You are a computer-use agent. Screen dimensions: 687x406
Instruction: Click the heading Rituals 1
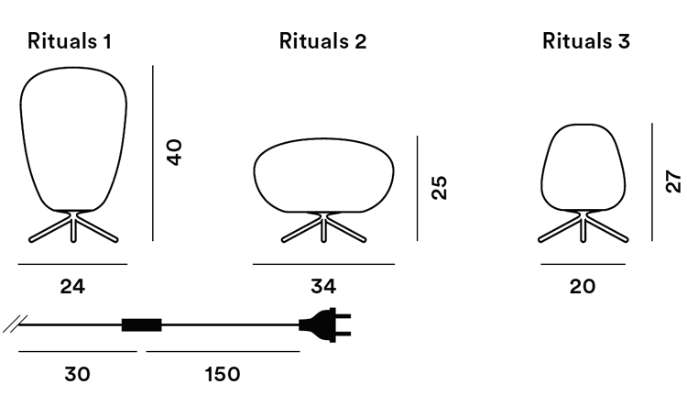(70, 41)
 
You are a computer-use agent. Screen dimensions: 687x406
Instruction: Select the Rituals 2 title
(323, 41)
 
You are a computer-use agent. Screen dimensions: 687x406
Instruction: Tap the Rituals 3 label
(586, 41)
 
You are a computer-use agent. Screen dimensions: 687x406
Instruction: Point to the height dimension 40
(174, 152)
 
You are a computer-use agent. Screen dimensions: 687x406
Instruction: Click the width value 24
(72, 287)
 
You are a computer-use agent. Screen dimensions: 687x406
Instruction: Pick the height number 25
(439, 188)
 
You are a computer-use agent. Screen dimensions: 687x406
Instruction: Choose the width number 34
(323, 287)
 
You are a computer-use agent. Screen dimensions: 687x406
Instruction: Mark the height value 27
(673, 181)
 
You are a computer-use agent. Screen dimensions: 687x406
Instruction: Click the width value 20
(583, 287)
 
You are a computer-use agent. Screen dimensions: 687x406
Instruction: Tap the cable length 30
(78, 375)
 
